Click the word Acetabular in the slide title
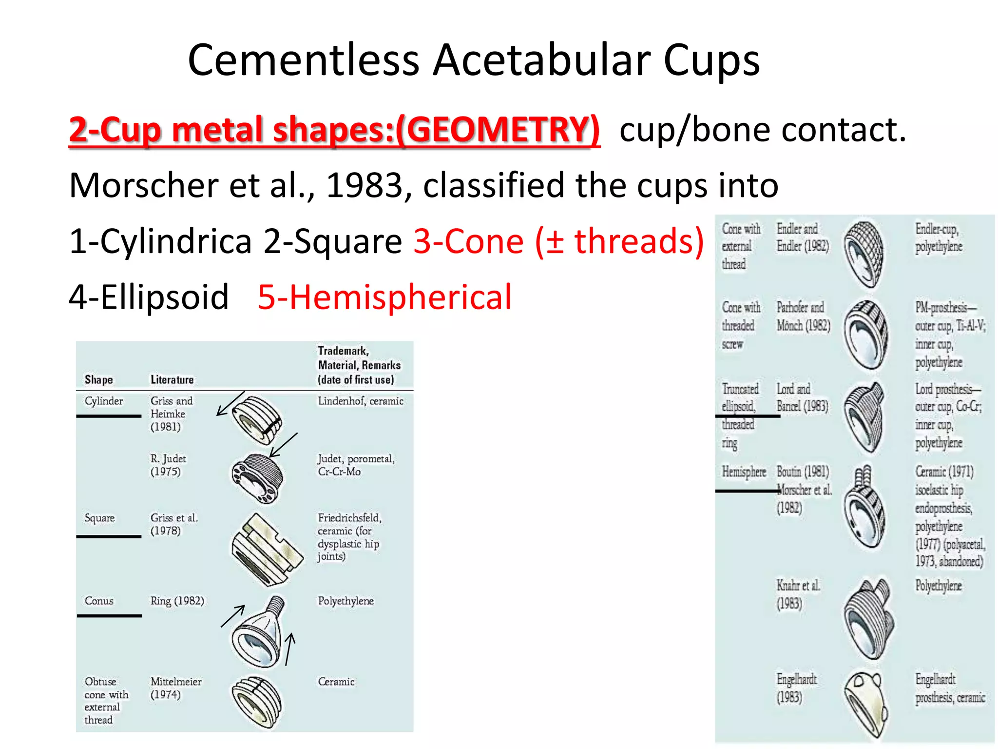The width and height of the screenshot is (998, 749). click(542, 60)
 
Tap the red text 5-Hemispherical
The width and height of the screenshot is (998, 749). click(384, 297)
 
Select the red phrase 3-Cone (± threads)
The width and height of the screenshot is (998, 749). click(558, 241)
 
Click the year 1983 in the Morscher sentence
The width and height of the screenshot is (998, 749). click(365, 185)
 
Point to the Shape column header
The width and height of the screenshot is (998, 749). click(98, 379)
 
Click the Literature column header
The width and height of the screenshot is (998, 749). click(172, 379)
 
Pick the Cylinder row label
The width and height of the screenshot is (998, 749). click(103, 401)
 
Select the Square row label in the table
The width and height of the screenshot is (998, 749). click(99, 518)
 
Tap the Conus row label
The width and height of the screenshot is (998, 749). click(99, 601)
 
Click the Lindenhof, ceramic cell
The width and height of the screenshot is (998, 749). click(360, 401)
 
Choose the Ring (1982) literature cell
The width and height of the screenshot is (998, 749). click(177, 601)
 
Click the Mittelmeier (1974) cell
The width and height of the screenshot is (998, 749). click(175, 688)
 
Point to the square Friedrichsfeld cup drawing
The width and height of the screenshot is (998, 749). click(266, 549)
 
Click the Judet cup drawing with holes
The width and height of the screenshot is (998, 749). click(257, 478)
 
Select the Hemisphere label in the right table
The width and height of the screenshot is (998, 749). click(744, 472)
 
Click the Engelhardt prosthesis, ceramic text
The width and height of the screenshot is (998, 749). click(949, 688)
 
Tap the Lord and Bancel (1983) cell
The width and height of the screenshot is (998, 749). click(802, 397)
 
